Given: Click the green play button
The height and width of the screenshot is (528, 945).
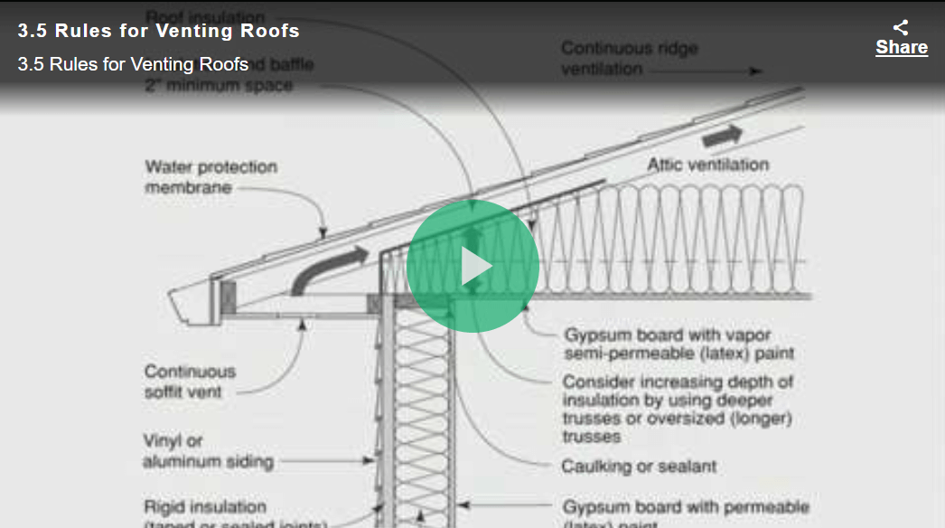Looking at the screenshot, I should click(472, 267).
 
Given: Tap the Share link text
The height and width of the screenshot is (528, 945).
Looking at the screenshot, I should click(901, 48).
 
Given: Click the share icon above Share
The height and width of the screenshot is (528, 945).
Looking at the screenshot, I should click(901, 28).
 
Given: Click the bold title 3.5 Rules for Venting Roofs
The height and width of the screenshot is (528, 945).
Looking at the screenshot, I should click(158, 31).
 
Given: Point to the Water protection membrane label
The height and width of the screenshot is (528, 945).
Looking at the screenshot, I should click(211, 177).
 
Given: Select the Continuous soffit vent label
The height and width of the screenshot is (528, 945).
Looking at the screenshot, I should click(190, 382).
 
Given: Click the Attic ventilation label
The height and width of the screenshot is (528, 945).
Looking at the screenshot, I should click(707, 165).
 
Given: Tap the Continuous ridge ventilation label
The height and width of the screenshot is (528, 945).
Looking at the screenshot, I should click(629, 59).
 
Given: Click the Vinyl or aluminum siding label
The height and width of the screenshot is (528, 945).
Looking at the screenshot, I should click(208, 451).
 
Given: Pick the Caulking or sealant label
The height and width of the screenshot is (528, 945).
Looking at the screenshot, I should click(639, 467).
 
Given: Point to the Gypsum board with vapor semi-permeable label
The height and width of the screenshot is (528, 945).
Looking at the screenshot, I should click(678, 343).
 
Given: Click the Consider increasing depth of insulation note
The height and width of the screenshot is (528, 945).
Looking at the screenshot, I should click(677, 409).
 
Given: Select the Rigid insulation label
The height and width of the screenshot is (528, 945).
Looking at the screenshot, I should click(206, 508).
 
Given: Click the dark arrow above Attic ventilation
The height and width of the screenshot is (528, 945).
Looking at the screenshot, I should click(722, 136).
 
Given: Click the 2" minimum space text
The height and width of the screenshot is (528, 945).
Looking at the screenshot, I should click(219, 86).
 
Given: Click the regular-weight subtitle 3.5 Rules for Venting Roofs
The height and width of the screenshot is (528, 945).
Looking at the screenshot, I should click(133, 65).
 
